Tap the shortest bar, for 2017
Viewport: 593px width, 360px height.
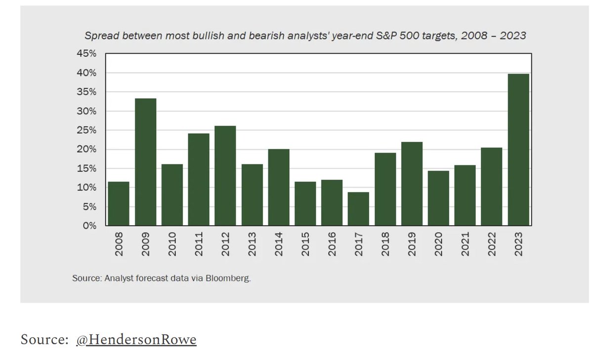[x=358, y=209]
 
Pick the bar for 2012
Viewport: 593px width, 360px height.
[x=225, y=176]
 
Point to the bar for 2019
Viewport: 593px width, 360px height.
[x=412, y=184]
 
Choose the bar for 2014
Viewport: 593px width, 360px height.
[x=279, y=187]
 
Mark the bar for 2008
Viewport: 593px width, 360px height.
[x=119, y=203]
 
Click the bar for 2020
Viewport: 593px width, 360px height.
[x=438, y=198]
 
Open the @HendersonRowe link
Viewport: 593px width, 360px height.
[x=136, y=340]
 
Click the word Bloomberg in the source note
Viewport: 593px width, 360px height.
[x=232, y=278]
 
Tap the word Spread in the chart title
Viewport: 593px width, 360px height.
[x=98, y=36]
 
